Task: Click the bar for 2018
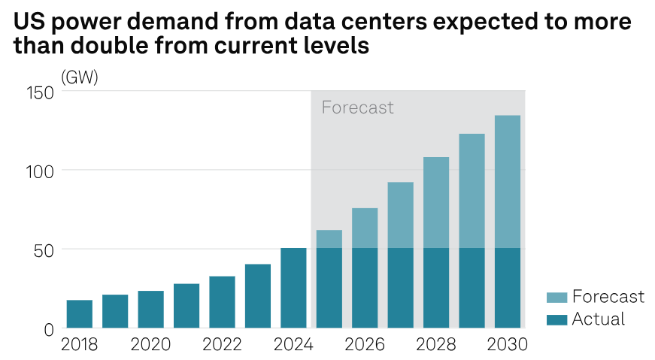80,314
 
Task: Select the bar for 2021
186,306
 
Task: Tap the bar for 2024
293,288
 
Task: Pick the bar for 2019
115,311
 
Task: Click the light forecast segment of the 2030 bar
508,181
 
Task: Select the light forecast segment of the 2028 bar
436,202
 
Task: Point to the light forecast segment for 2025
329,239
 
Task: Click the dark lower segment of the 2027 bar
401,288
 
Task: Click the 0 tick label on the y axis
49,329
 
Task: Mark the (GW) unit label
80,77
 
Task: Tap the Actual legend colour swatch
556,320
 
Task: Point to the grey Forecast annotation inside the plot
357,107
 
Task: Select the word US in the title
26,23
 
